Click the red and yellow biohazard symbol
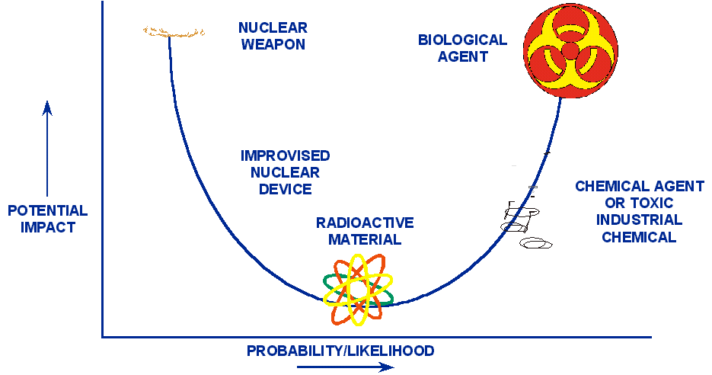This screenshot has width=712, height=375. pyautogui.click(x=570, y=49)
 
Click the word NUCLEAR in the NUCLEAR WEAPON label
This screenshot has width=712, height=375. pyautogui.click(x=273, y=28)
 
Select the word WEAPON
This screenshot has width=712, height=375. pyautogui.click(x=273, y=44)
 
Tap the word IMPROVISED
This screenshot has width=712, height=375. pyautogui.click(x=285, y=155)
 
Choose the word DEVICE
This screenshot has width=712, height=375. pyautogui.click(x=285, y=189)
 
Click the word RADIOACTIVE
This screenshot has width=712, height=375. pyautogui.click(x=365, y=223)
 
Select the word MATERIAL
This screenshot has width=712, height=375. pyautogui.click(x=365, y=239)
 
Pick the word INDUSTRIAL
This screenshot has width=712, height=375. pyautogui.click(x=639, y=220)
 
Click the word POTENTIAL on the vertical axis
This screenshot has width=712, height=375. pyautogui.click(x=48, y=211)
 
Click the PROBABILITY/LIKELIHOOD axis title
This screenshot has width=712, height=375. pyautogui.click(x=340, y=351)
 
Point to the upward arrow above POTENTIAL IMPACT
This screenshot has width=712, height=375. pyautogui.click(x=47, y=149)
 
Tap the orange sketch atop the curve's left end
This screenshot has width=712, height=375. pyautogui.click(x=174, y=32)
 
